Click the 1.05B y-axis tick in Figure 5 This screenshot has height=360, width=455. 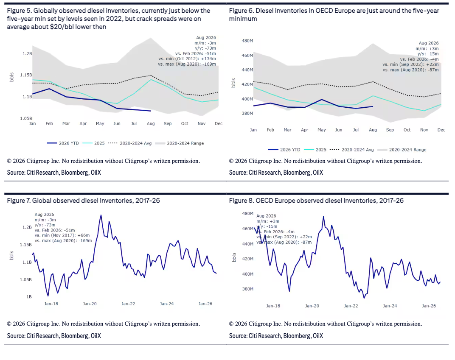[x=26, y=118]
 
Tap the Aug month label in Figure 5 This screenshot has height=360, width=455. [x=151, y=123]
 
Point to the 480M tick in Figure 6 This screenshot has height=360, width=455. [x=247, y=41]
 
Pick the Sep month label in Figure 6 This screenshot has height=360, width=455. [x=390, y=130]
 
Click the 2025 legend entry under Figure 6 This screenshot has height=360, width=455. [x=315, y=150]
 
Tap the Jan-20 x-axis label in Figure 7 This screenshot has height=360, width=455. [x=90, y=304]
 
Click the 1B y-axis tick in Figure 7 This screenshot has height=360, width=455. [x=29, y=296]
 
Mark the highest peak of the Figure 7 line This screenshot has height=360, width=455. [x=101, y=215]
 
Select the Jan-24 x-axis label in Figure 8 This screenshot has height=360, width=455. [x=390, y=306]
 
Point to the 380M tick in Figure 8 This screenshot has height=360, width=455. [x=247, y=289]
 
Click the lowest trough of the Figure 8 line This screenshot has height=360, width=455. [x=364, y=298]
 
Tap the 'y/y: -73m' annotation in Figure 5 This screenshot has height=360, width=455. [x=205, y=48]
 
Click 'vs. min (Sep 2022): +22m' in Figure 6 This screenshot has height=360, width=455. [x=410, y=64]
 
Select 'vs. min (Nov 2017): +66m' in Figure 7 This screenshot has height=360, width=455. [x=62, y=235]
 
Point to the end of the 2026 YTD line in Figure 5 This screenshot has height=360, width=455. [x=151, y=111]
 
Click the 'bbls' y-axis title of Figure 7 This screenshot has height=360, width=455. [x=11, y=255]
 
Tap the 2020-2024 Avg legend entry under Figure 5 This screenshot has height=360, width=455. [x=130, y=143]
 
